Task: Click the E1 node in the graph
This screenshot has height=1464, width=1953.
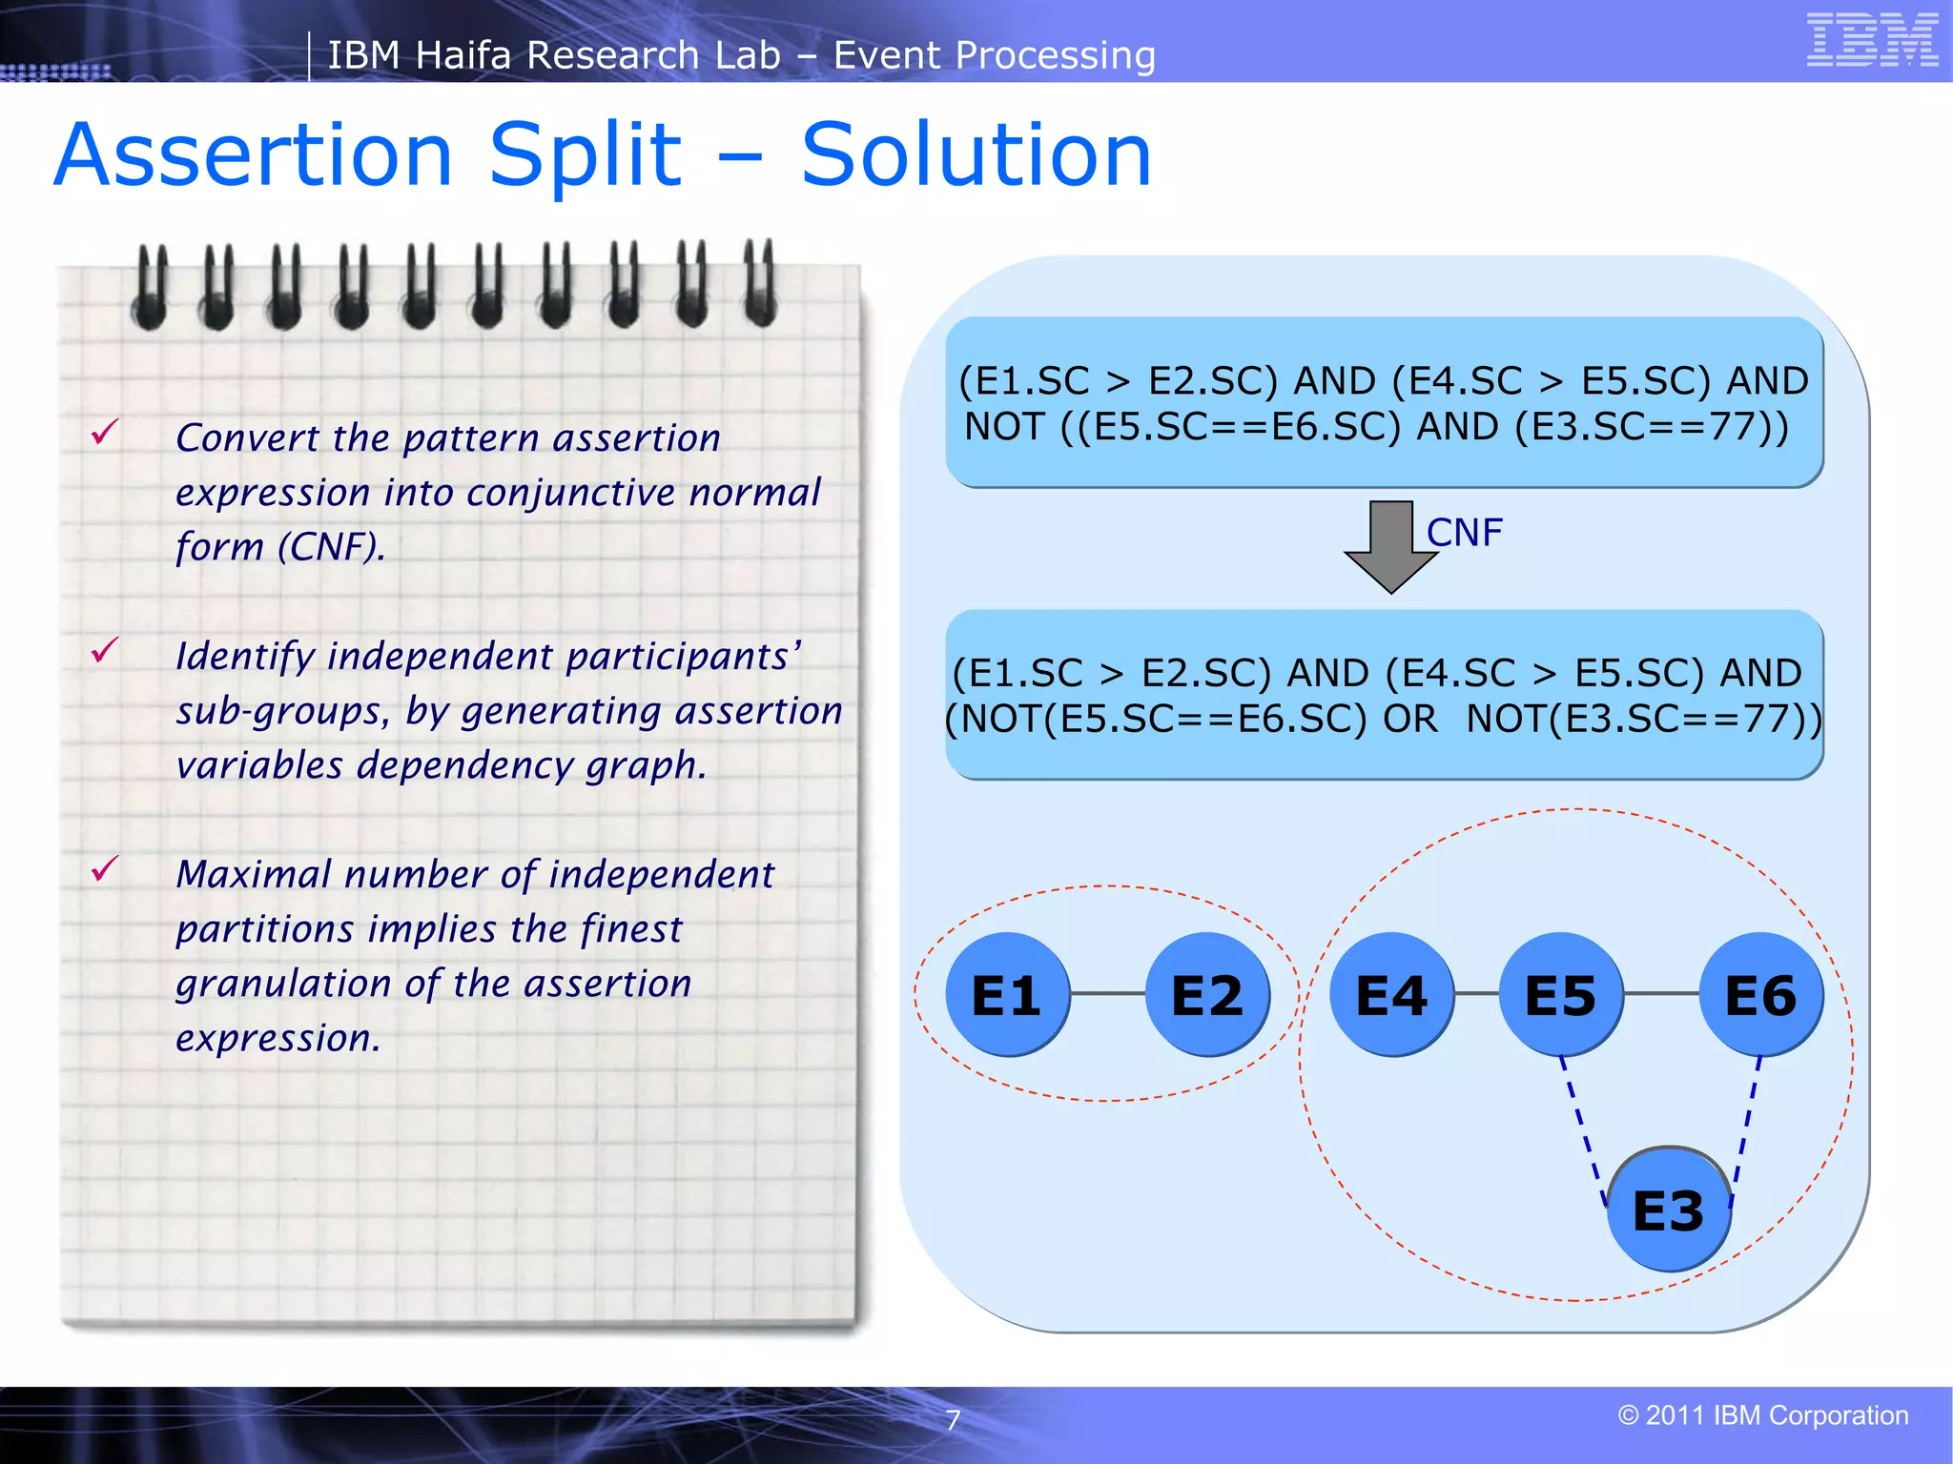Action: tap(1007, 994)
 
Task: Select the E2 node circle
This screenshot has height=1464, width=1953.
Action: tap(1206, 994)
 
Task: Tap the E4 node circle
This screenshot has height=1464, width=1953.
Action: tap(1391, 994)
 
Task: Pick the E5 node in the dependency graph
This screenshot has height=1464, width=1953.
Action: tap(1561, 994)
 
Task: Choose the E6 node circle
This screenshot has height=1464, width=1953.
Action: tap(1760, 994)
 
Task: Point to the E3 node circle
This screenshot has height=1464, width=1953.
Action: tap(1669, 1210)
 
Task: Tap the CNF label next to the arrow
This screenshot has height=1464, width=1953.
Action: tap(1464, 533)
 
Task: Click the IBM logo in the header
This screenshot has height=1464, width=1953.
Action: tap(1872, 40)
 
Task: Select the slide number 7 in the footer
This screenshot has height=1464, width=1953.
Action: tap(953, 1420)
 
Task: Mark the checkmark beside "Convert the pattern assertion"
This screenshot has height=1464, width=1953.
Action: tap(105, 433)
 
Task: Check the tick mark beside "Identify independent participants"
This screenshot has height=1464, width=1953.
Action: tap(105, 651)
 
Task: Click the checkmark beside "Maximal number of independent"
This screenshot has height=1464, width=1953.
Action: tap(105, 868)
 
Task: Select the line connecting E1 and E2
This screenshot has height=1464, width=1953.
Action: tap(1107, 994)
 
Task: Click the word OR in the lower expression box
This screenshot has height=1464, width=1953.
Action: tap(1410, 719)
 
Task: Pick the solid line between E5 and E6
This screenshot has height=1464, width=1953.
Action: tap(1660, 994)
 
